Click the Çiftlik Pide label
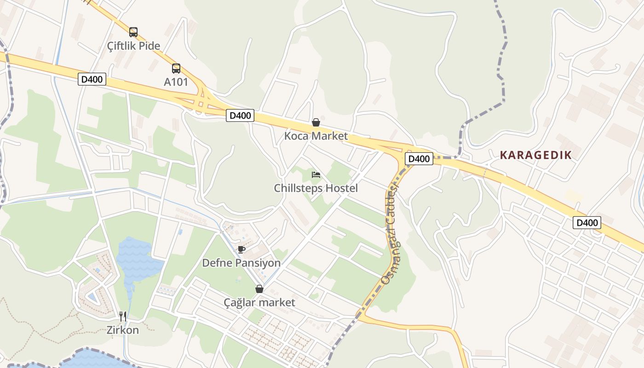coord(133,46)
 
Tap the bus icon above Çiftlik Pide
coord(133,32)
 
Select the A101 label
coord(176,82)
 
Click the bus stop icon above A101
coord(176,69)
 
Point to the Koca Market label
coord(316,136)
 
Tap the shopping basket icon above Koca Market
coord(316,122)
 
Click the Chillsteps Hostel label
coord(316,188)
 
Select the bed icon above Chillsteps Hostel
coord(316,175)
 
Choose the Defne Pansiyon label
coord(241,263)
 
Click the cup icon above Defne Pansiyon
coord(241,249)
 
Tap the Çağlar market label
coord(259,302)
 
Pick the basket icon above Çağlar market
coord(259,289)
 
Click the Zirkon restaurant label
coord(123,329)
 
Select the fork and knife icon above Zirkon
coord(123,316)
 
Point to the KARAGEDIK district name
coord(535,155)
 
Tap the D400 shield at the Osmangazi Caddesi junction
coord(419,159)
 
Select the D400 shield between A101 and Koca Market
coord(240,115)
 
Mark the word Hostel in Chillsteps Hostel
coord(341,188)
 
